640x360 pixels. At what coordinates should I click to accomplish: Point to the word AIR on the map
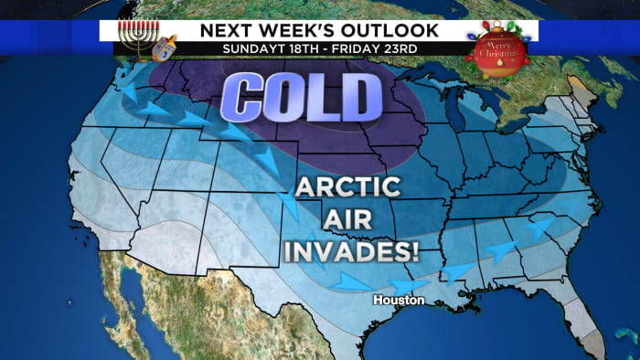(348, 220)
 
